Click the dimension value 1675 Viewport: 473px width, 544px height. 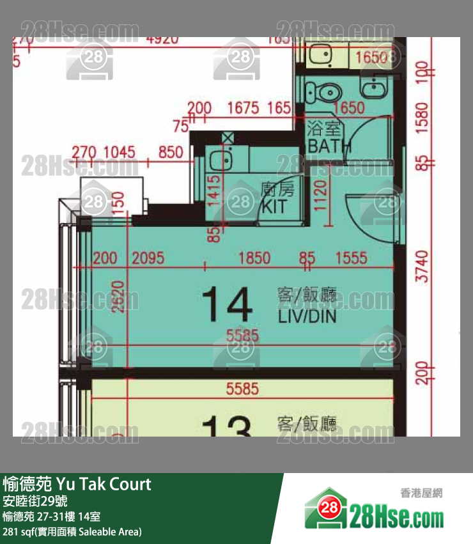(x=243, y=108)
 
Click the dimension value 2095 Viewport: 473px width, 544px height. (x=148, y=258)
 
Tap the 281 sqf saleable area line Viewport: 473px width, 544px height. (x=72, y=531)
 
